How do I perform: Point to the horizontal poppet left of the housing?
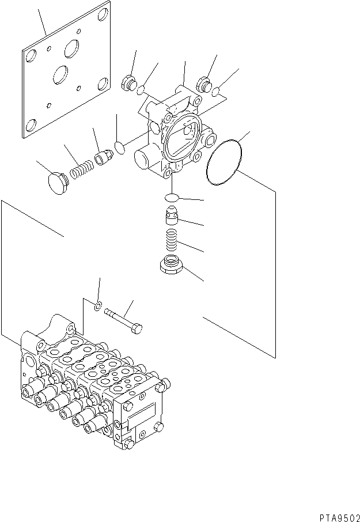(103, 157)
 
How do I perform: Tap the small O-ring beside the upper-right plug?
(215, 92)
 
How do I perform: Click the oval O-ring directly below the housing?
(172, 198)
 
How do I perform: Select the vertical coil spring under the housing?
(172, 239)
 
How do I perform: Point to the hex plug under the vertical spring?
(172, 264)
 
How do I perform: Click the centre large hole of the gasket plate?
(60, 74)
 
